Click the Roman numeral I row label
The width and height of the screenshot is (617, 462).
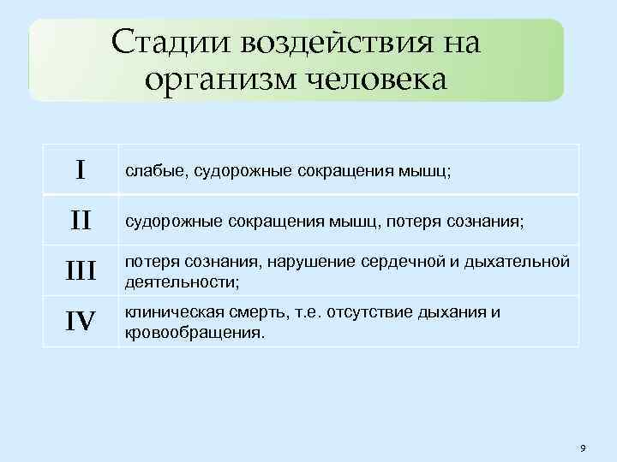[x=80, y=169]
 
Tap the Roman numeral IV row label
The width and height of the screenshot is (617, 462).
[x=80, y=322]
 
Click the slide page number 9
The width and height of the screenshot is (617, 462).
[x=583, y=448]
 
